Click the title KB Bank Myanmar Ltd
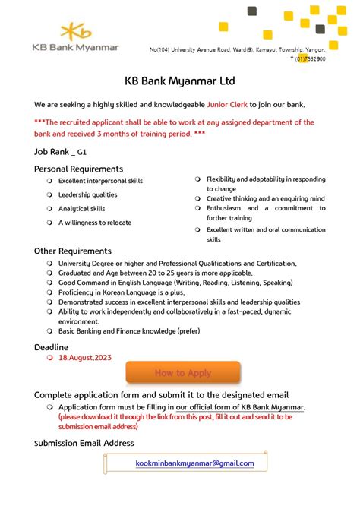(180, 81)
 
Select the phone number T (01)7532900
(304, 58)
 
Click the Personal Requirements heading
(78, 168)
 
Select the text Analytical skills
(82, 208)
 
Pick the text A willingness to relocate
(95, 223)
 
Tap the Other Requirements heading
(73, 251)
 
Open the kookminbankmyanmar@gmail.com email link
(194, 463)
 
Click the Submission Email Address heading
(84, 443)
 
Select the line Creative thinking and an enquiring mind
(266, 198)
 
